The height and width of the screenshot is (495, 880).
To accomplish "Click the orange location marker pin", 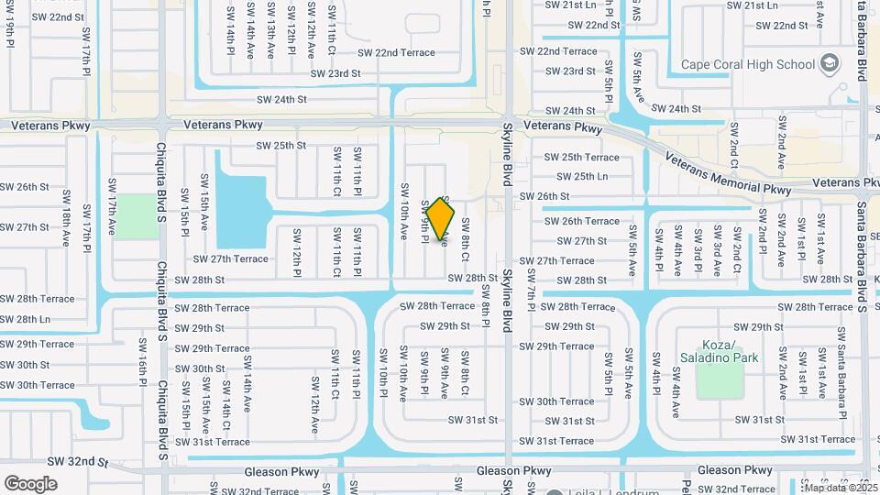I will [x=441, y=219].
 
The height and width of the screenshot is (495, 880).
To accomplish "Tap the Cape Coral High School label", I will [x=747, y=64].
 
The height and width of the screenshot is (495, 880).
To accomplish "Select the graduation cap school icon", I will [x=830, y=63].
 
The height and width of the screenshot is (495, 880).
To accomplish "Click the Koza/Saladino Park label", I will [x=719, y=350].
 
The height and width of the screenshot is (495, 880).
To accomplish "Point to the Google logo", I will [x=31, y=483].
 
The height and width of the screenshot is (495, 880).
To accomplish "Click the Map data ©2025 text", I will [x=841, y=488].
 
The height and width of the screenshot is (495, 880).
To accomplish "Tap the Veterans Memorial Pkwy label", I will [x=723, y=175].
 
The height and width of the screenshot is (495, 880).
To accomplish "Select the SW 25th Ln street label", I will [x=582, y=176].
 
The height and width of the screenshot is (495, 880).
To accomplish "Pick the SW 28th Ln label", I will [x=26, y=319].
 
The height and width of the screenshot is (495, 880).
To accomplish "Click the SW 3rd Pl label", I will [x=698, y=245].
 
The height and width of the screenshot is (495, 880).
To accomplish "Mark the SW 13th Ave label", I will [x=271, y=30].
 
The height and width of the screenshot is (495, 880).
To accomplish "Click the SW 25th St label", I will [x=280, y=145].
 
